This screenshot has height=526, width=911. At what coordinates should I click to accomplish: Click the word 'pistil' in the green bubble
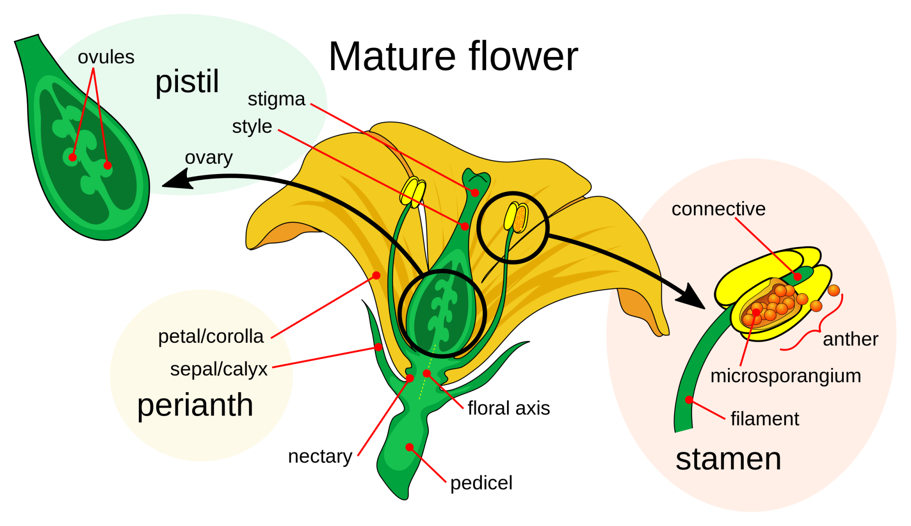pos(187,82)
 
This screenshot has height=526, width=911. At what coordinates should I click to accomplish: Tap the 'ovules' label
pos(106,57)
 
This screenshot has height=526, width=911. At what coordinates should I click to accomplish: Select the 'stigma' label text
pos(276,99)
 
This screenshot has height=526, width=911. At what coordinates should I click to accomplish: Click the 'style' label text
pos(252,127)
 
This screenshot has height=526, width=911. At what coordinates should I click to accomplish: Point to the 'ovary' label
pos(209,158)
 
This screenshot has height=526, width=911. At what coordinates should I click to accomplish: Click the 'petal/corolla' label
pos(211,336)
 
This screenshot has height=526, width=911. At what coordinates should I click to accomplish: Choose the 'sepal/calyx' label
pos(218,369)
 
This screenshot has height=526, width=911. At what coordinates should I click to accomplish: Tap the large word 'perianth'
pos(195,405)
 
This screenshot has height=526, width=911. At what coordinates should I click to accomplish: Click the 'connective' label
pos(718,209)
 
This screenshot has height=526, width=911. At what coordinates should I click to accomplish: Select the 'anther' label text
pos(850,340)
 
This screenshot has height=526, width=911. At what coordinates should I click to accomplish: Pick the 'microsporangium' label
pos(786,376)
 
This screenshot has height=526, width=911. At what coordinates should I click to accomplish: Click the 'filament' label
pos(765,419)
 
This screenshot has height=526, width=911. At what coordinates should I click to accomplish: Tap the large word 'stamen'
pos(728,459)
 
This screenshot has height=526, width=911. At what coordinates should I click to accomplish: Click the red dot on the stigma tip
pos(475,193)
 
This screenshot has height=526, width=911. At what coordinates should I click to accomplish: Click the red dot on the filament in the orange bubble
pos(689,400)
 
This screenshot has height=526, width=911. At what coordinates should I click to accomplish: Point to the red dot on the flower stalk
pos(409,447)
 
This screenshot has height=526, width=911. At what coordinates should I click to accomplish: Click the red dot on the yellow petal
pos(376,275)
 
